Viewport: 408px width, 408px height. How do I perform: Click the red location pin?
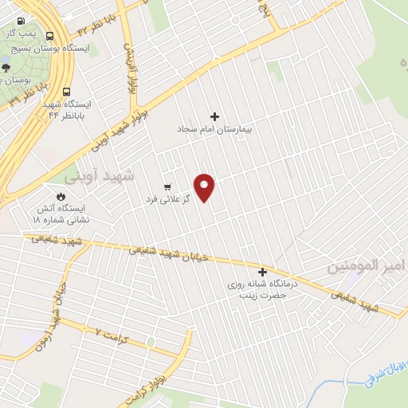[x=205, y=187]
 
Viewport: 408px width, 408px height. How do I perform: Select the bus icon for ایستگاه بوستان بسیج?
[x=51, y=37]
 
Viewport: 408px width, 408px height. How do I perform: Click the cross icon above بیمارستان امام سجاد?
[x=214, y=116]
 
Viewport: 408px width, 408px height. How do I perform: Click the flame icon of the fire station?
[x=61, y=195]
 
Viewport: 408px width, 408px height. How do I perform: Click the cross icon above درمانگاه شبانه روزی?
[x=262, y=272]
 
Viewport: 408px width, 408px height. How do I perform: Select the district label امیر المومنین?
[x=367, y=266]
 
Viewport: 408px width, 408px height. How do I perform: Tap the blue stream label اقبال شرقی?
[x=383, y=374]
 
